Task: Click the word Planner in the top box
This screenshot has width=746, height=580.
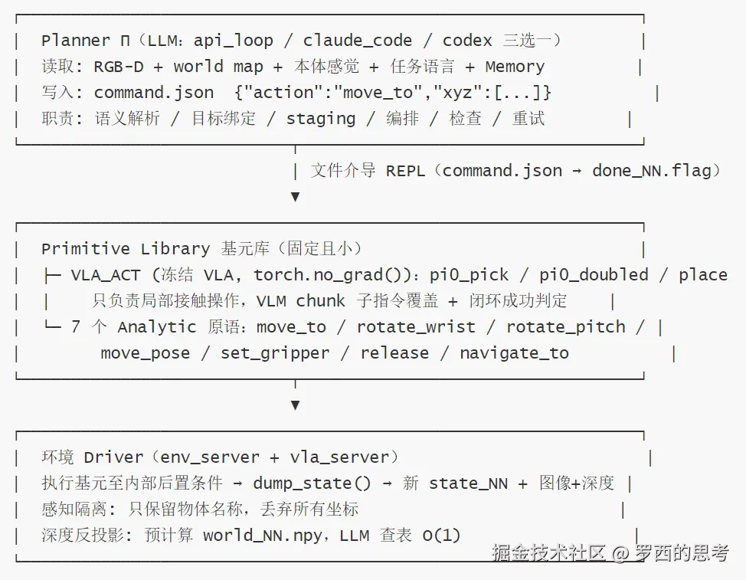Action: coord(76,41)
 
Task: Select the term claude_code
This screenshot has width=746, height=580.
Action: coord(358,41)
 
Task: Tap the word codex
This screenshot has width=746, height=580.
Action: coord(467,41)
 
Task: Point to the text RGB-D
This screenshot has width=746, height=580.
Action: coord(119,67)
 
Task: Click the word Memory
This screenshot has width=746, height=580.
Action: coord(515,67)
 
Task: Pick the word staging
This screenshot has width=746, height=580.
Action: coord(321,119)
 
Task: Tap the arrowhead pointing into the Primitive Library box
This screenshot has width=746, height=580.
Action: coord(295,196)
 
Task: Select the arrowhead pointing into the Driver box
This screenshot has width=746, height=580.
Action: coord(295,405)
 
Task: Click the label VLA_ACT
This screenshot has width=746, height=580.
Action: coord(106,275)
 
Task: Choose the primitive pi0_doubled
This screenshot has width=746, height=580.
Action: coord(594,275)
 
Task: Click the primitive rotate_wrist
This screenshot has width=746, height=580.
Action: coord(416,327)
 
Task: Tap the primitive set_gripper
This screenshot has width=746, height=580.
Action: coord(275,353)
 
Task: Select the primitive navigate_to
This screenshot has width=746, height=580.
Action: coord(514,353)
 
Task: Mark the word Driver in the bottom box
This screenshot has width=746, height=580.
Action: coord(113,457)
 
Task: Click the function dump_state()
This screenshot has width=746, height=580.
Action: coord(312,483)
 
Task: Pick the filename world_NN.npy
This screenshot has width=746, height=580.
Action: coord(262,536)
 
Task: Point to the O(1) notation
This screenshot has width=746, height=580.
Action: coord(441,536)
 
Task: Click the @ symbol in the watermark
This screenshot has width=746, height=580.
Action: coord(620,553)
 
